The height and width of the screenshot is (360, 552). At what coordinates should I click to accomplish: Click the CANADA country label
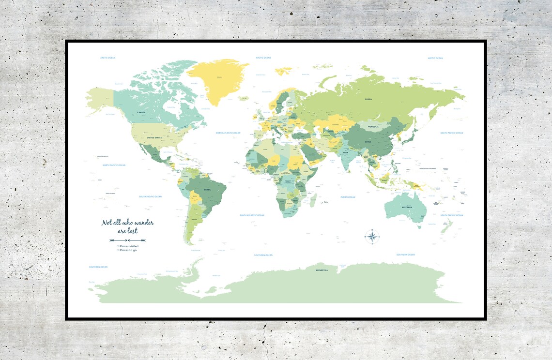(141, 112)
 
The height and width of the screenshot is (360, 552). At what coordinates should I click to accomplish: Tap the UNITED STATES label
(154, 138)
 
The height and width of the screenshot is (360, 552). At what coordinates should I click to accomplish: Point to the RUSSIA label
(368, 99)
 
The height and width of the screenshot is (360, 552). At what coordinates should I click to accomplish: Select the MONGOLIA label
(373, 127)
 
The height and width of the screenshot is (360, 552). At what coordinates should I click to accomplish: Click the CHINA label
(368, 142)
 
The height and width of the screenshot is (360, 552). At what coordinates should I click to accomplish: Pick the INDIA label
(345, 153)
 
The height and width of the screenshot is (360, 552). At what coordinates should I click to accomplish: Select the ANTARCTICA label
(322, 270)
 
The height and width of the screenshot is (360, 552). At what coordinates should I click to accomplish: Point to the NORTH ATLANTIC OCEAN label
(231, 133)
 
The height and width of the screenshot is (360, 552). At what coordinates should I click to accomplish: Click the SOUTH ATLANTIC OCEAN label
(252, 215)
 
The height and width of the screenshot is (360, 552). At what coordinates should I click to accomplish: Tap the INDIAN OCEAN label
(348, 197)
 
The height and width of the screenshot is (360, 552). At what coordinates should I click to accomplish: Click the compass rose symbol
(372, 236)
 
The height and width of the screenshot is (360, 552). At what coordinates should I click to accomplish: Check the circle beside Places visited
(118, 246)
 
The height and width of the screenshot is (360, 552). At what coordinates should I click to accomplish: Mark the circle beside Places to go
(118, 250)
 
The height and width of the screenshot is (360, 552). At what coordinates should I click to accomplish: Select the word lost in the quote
(132, 231)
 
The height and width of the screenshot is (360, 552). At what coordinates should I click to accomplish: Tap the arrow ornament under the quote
(127, 240)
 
